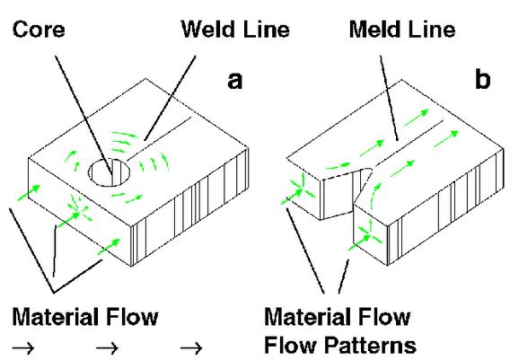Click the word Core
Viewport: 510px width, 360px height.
coord(39,30)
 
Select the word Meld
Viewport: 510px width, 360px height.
coord(376,30)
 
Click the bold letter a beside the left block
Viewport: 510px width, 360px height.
coord(235,81)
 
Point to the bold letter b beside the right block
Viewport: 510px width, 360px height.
coord(482,78)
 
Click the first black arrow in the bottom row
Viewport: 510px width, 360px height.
coord(23,348)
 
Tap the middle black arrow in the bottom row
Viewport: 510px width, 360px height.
coord(108,348)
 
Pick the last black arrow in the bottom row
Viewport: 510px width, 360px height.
coord(191,348)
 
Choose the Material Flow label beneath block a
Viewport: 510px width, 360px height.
coord(85,317)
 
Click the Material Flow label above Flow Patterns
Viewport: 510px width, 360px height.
coord(338,317)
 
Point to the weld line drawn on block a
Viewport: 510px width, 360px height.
coord(158,139)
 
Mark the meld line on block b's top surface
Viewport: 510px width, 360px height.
coord(409,144)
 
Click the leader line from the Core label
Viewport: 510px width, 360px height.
coord(84,117)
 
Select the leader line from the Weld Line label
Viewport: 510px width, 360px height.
coord(170,98)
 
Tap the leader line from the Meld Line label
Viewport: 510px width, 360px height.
coord(389,98)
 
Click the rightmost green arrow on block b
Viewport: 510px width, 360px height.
coord(446,139)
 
